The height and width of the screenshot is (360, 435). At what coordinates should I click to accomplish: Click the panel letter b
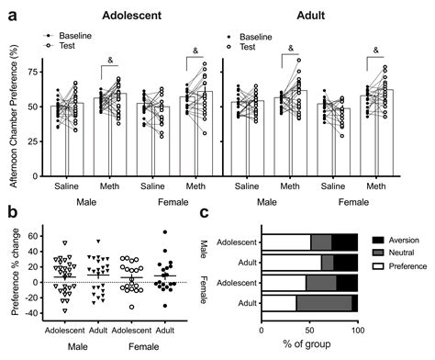coord(9,214)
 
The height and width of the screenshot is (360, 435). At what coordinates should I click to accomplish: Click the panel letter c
coord(217,214)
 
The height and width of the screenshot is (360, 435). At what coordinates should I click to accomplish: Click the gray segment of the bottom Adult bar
coord(324,304)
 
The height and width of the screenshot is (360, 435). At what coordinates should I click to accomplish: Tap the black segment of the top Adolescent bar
coord(344,242)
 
